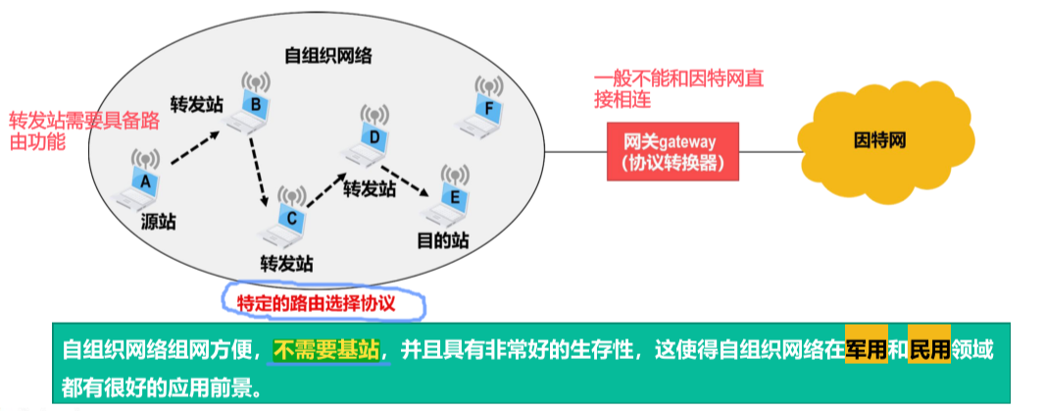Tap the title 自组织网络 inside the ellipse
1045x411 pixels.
click(x=322, y=55)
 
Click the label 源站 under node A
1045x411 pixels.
click(x=158, y=223)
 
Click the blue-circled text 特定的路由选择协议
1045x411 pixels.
click(x=323, y=301)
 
